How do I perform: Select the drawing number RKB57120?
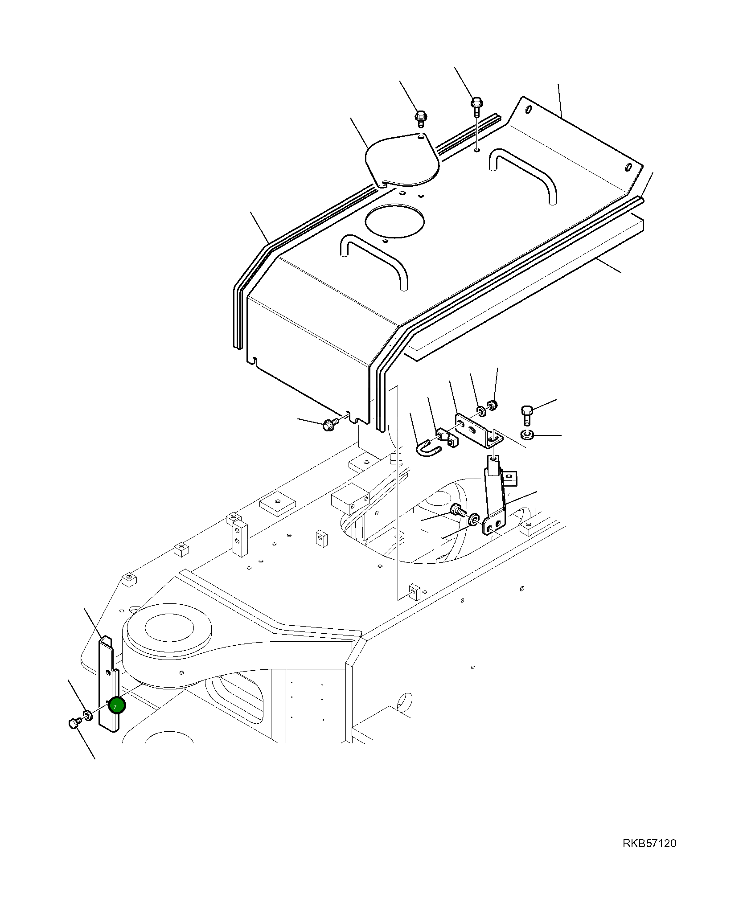649,844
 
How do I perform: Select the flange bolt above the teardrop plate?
420,118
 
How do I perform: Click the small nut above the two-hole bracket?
492,406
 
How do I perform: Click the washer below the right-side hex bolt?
527,434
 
